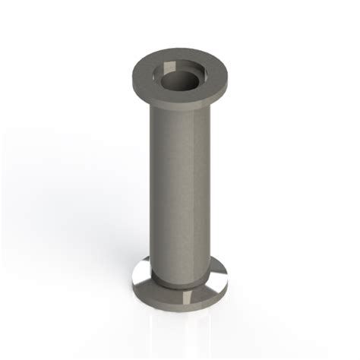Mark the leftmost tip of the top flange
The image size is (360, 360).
pyautogui.click(x=131, y=76)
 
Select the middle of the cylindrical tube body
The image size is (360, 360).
pyautogui.click(x=180, y=190)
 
